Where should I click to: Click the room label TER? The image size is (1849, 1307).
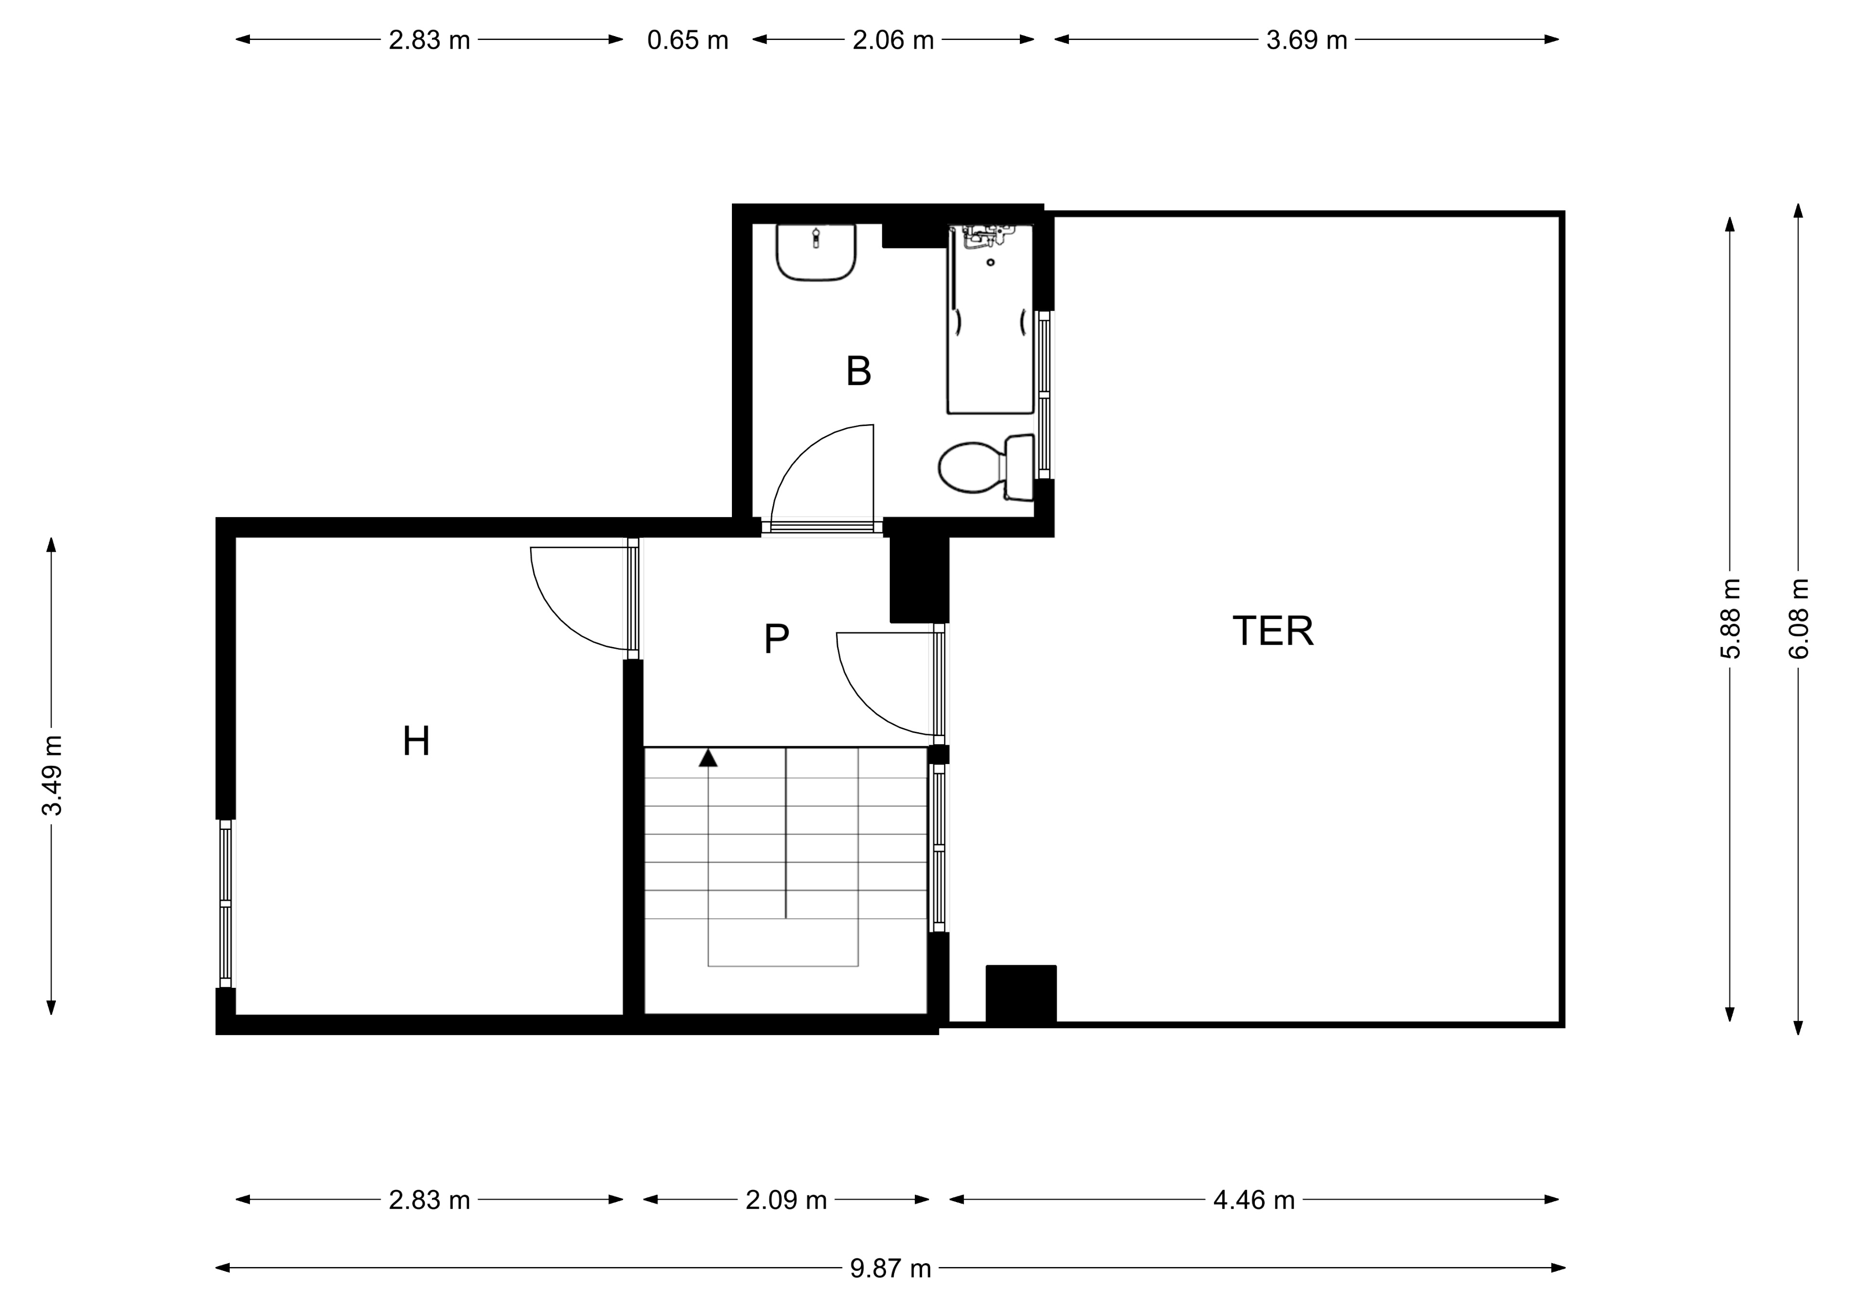click(x=1273, y=631)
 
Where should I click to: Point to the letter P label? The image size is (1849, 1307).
click(x=776, y=639)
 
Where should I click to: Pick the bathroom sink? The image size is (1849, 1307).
click(x=816, y=253)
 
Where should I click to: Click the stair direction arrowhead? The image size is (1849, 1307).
click(x=708, y=758)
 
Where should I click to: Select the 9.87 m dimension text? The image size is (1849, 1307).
click(x=891, y=1269)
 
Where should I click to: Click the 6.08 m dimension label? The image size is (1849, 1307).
click(x=1798, y=619)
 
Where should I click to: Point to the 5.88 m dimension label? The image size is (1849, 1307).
click(x=1730, y=619)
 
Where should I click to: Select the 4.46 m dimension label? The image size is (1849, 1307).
click(x=1254, y=1201)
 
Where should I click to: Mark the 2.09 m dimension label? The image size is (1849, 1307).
click(x=786, y=1201)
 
